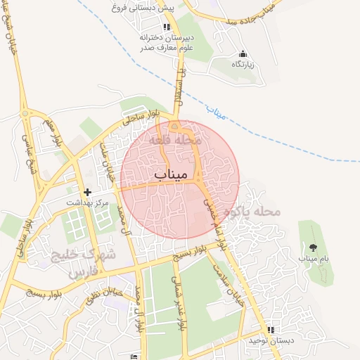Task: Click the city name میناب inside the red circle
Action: pos(171,173)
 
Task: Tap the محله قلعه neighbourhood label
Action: pos(175,140)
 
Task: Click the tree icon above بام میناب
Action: pos(312,247)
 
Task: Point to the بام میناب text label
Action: pos(313,259)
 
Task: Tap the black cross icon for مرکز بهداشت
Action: pos(87,191)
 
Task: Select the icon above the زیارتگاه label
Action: pos(243,54)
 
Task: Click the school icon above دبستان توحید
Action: pos(271,330)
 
